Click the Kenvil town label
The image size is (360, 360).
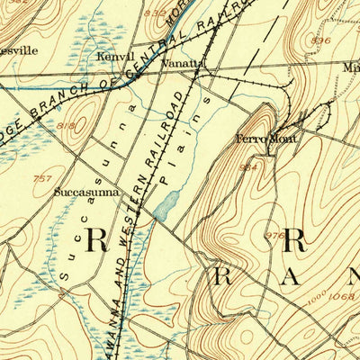coord(115,57)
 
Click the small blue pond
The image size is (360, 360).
coord(165,209)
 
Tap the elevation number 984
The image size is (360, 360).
coord(247,168)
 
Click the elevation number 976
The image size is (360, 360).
coord(274,235)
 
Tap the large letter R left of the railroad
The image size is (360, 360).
coord(96,239)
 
